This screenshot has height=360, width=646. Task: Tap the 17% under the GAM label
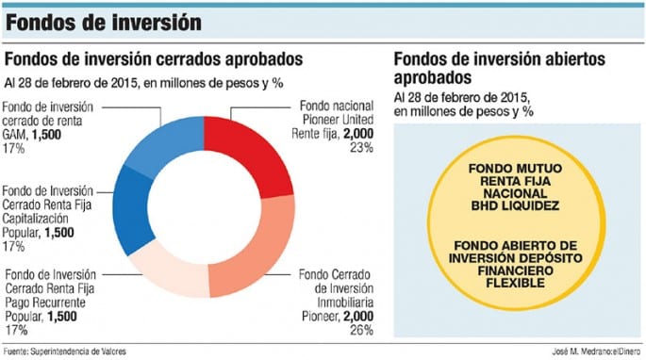(x=14, y=148)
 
